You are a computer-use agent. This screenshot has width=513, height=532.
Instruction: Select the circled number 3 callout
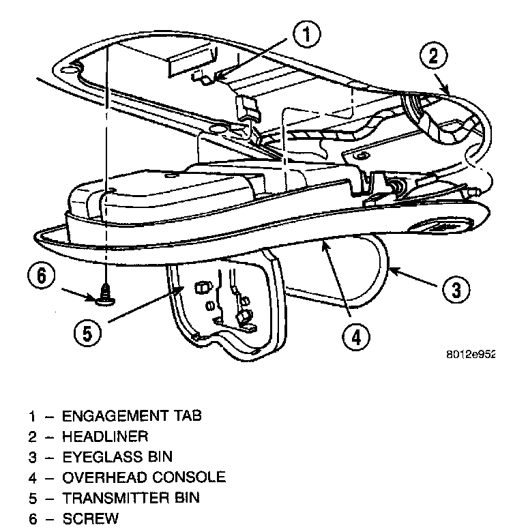pos(456,290)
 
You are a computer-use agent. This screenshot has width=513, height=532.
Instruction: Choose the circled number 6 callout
pos(41,278)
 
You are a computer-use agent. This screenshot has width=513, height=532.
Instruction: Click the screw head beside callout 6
pos(105,297)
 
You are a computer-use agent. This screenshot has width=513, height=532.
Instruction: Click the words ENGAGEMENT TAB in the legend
pos(132,415)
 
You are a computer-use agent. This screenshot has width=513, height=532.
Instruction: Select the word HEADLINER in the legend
pos(104,436)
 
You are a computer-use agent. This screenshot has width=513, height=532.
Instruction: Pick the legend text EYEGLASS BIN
pos(117,456)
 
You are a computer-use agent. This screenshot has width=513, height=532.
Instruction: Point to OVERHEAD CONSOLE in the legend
pos(143,477)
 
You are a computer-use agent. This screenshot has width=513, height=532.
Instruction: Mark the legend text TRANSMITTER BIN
pos(131,498)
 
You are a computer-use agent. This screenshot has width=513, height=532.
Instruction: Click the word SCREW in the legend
pos(90,519)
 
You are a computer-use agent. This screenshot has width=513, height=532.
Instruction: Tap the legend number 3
pos(32,457)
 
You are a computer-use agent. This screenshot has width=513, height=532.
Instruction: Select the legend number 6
pos(32,519)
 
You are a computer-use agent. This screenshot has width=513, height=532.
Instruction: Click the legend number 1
pos(32,415)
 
